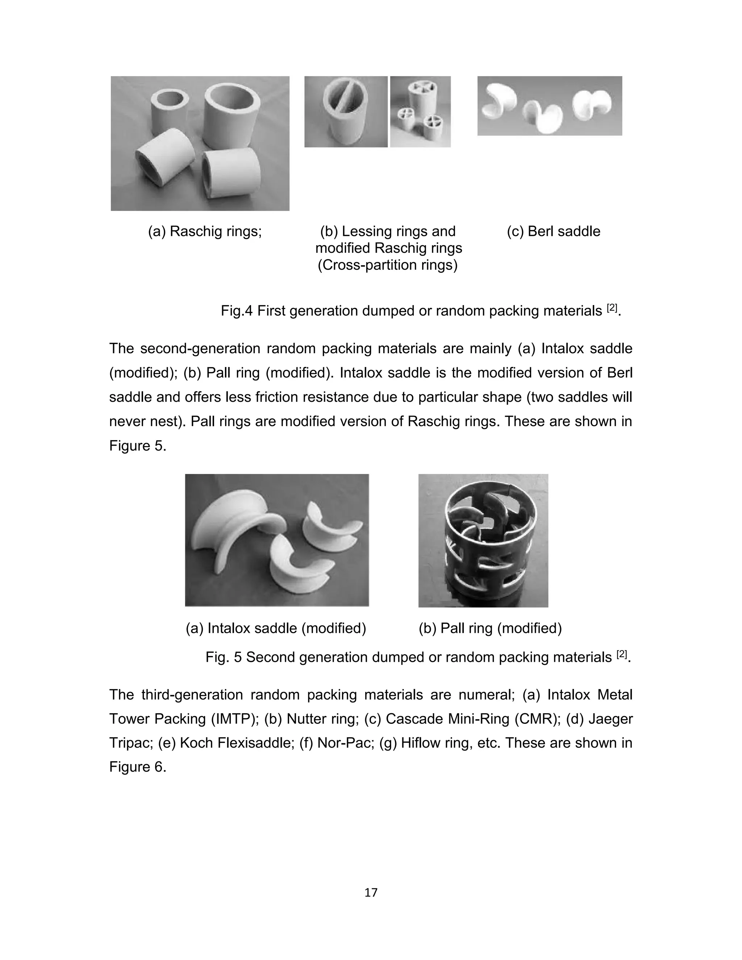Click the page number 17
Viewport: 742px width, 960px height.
371,892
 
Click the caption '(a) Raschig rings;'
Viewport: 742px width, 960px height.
205,231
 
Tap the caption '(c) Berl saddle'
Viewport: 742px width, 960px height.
554,231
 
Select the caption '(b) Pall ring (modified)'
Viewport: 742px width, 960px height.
490,629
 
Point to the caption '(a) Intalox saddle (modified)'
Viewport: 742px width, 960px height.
276,629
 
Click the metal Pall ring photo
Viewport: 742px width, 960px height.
483,540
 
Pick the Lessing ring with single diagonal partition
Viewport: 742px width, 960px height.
346,112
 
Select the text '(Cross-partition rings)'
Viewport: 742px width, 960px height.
388,265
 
